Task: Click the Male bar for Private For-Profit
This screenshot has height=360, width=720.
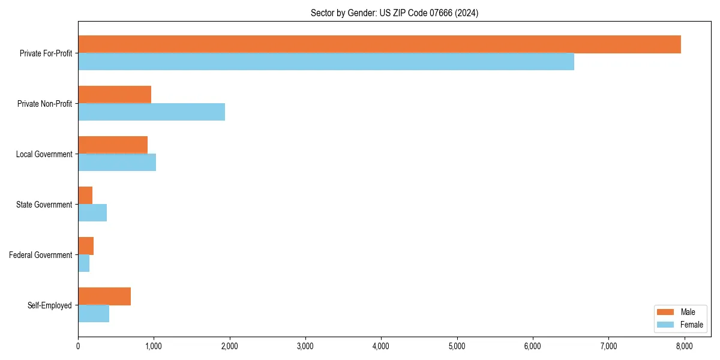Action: (379, 44)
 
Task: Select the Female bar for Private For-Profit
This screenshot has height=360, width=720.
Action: (326, 62)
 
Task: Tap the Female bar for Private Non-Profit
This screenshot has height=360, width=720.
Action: (151, 112)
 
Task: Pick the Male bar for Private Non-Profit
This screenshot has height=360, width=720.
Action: (115, 95)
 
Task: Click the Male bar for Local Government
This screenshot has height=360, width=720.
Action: (113, 145)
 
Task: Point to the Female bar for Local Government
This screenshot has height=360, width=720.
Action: (117, 163)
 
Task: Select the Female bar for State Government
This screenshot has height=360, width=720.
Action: (92, 213)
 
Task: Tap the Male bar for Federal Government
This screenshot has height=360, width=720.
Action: (86, 246)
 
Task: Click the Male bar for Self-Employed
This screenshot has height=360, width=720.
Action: (104, 296)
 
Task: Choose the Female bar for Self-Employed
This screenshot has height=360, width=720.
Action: (94, 314)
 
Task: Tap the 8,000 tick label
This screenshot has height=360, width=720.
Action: (684, 346)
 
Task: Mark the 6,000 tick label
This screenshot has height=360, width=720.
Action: (533, 346)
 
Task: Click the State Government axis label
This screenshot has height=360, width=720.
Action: (44, 205)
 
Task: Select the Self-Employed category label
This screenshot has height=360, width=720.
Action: (50, 305)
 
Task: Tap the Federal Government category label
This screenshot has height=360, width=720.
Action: (41, 255)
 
